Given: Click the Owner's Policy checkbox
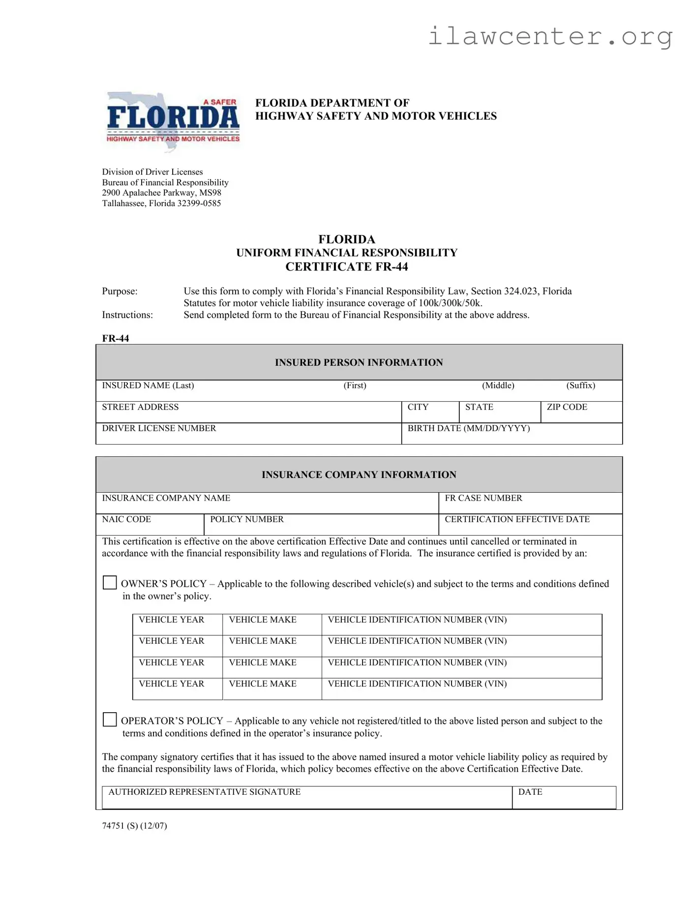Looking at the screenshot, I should [110, 582].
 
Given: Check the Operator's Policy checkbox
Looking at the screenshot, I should [110, 719].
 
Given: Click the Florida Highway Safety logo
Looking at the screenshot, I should [173, 121].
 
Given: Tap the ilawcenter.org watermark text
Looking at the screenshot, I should [550, 36].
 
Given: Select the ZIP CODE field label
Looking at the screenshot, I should [567, 407].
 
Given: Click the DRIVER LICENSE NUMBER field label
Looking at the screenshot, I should [159, 428].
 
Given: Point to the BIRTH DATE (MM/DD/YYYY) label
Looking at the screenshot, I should [468, 428].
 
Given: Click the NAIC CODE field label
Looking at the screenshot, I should [126, 519].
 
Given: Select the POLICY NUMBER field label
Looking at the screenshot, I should [246, 519].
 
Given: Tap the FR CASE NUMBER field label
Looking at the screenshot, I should [483, 498].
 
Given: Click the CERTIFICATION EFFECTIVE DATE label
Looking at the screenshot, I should [516, 519].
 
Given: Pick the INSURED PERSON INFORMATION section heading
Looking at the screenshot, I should [359, 362].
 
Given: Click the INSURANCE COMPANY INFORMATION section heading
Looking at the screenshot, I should [359, 475].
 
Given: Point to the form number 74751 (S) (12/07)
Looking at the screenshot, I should [134, 826].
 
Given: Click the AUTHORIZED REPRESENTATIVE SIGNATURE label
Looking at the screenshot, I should [204, 792].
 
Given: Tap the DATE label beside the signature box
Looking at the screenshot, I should [530, 792].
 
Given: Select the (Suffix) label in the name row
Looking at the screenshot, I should [580, 386].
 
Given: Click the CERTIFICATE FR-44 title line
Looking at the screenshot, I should [346, 267].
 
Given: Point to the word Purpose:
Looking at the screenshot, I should [120, 291].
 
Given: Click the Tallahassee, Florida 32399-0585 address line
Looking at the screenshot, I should [161, 203].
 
